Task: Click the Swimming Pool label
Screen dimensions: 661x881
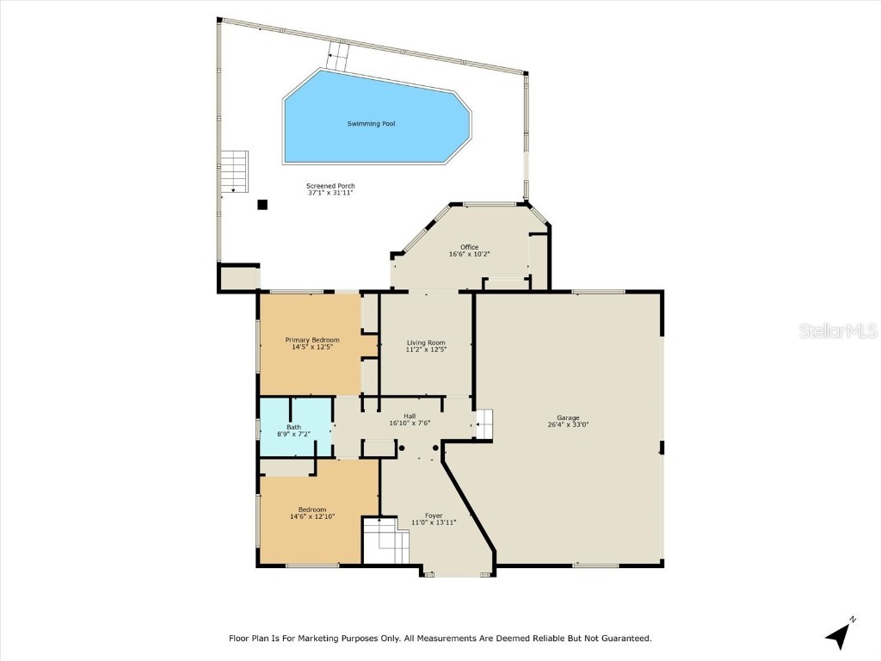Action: pos(371,124)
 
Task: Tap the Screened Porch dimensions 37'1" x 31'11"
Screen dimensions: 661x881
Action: pos(330,194)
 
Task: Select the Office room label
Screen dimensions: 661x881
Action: pos(469,247)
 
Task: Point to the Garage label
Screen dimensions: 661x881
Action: pos(568,417)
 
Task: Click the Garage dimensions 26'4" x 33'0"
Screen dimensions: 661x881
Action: pos(568,424)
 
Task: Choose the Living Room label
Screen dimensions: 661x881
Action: pos(426,343)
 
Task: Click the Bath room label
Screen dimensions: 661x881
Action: pos(293,427)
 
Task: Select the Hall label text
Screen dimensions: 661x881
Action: pos(410,416)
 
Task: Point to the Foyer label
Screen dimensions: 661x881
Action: pos(433,516)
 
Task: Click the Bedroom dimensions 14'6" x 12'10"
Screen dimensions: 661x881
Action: pos(311,516)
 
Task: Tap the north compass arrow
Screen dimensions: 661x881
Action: pos(839,634)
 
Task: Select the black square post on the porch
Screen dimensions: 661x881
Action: pos(262,205)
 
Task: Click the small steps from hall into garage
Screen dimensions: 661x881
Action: pos(484,424)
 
